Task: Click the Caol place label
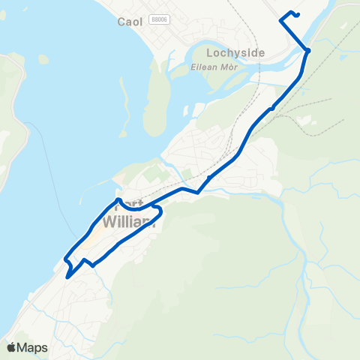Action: tap(130, 22)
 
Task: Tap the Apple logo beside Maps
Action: tap(11, 347)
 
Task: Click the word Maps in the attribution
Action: tap(32, 347)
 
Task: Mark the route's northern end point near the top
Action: tap(298, 14)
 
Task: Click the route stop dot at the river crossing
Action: tap(307, 50)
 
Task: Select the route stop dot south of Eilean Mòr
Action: tap(271, 108)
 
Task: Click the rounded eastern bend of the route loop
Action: tap(161, 213)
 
